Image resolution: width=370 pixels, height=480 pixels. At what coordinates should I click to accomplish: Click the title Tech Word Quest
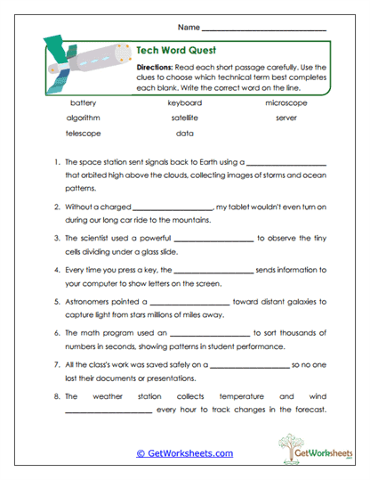(x=177, y=51)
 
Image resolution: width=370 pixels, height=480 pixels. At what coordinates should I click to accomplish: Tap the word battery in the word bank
(x=83, y=102)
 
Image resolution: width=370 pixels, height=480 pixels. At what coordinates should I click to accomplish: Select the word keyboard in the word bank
(x=185, y=102)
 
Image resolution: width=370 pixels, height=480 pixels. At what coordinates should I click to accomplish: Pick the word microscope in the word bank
(x=286, y=102)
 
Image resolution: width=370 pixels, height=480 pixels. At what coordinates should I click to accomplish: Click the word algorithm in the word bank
(x=83, y=117)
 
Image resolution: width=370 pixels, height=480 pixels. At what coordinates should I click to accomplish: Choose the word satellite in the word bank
(x=181, y=117)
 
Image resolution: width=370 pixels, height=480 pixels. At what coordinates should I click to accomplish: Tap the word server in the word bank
(x=286, y=117)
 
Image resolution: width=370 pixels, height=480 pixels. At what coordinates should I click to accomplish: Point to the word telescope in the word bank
(x=83, y=133)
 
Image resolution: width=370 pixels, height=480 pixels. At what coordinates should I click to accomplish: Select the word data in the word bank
(x=184, y=133)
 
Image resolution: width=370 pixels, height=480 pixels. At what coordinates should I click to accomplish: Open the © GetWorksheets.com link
(x=184, y=453)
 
